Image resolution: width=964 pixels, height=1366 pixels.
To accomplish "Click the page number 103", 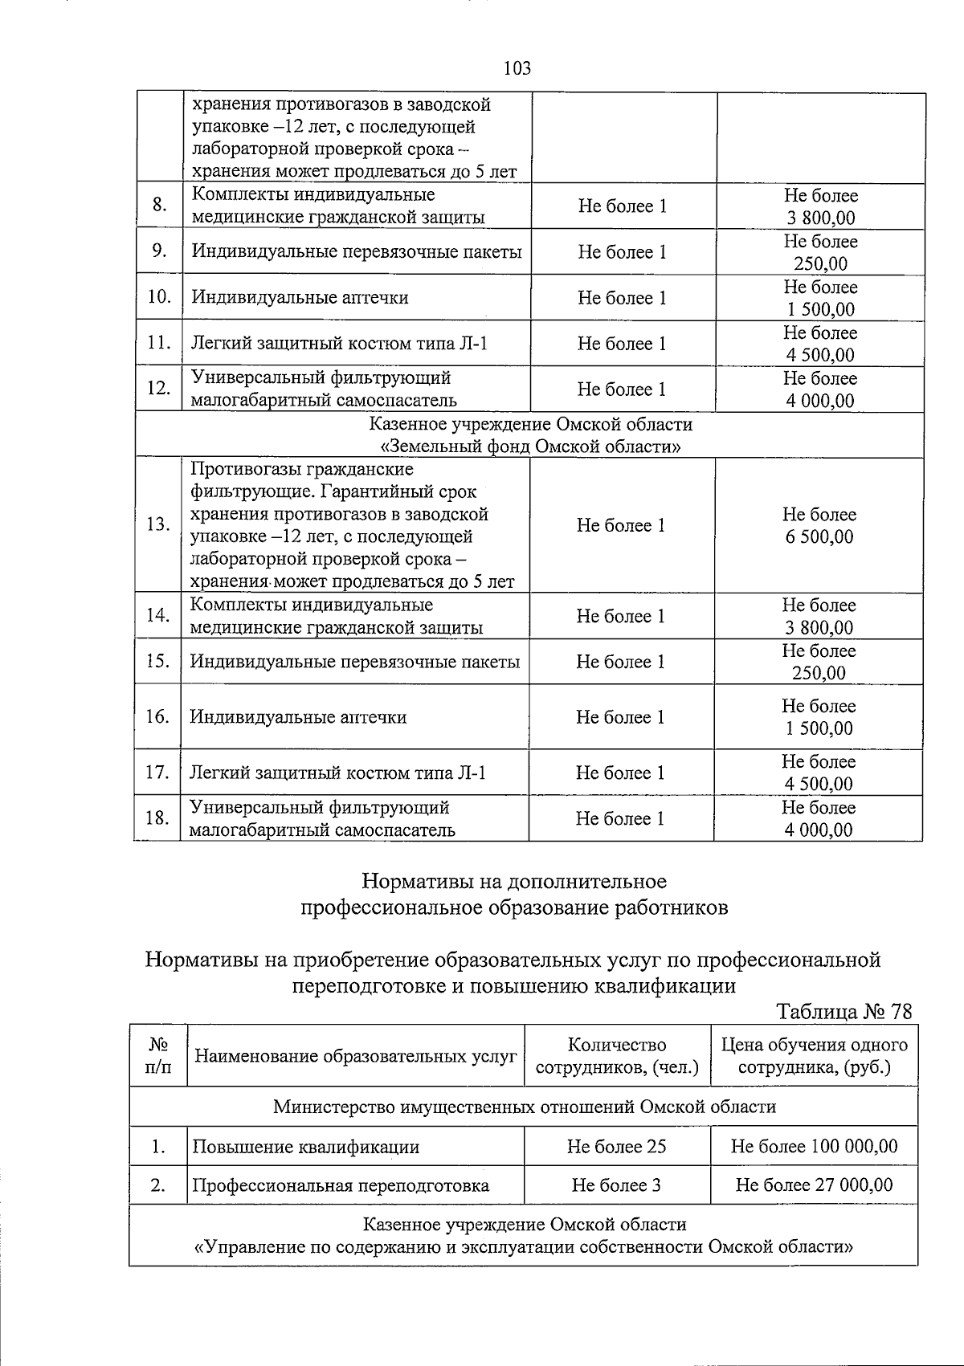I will [x=517, y=68].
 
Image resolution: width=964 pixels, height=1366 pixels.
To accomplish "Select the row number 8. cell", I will [x=159, y=205].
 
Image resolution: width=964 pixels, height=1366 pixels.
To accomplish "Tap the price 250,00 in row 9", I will [x=820, y=263].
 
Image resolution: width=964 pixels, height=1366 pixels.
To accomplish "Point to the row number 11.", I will [x=159, y=343].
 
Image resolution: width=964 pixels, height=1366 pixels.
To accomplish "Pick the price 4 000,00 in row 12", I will [x=820, y=400].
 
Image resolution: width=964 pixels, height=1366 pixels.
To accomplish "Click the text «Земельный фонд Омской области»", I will [x=530, y=446].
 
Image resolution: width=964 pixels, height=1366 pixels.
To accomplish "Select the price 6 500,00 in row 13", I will [x=819, y=536].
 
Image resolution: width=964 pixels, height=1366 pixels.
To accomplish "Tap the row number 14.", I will [x=157, y=615].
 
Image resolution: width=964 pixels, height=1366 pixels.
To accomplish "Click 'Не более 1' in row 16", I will [x=620, y=717].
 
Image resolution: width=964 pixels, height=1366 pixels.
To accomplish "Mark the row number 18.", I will [x=157, y=818].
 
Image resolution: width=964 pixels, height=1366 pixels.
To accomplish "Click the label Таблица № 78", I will [x=844, y=1011].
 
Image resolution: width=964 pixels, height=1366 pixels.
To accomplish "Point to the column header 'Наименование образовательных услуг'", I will [x=355, y=1056].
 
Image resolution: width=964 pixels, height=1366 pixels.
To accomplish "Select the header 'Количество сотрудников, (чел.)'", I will [x=617, y=1056].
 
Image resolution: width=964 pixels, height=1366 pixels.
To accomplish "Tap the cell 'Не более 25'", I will [x=616, y=1146].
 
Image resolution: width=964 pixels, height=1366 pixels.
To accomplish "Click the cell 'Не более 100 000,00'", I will [x=814, y=1146].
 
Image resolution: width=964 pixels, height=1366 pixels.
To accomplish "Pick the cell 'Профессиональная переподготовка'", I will [x=341, y=1185].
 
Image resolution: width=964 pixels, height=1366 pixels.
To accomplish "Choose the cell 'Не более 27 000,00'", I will [x=814, y=1185].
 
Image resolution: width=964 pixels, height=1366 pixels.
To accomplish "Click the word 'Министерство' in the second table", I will [x=332, y=1107].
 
